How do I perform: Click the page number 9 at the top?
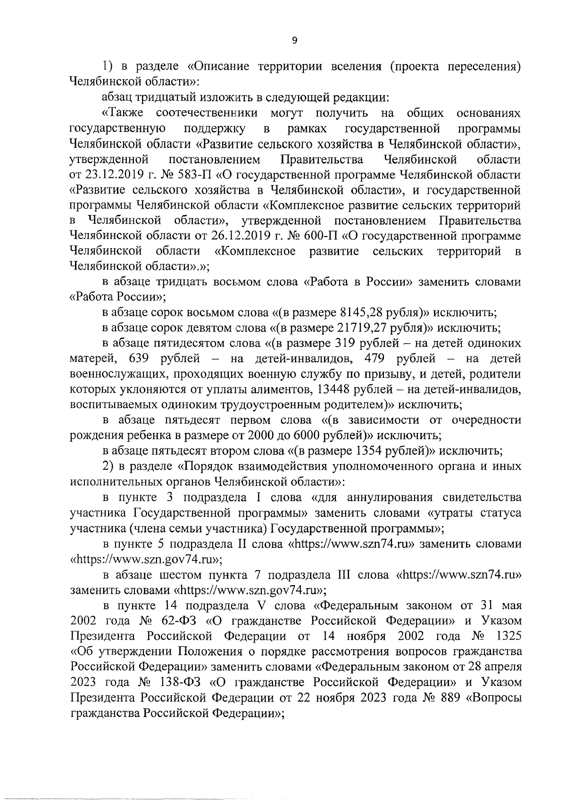coord(294,41)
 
